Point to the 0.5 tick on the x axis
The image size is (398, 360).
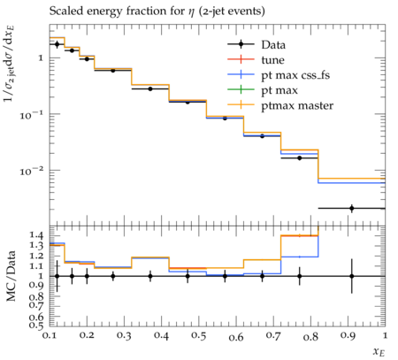click(x=198, y=336)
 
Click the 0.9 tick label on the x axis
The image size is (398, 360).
click(x=348, y=336)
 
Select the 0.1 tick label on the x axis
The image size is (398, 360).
click(x=50, y=335)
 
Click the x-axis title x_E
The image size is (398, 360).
click(x=379, y=351)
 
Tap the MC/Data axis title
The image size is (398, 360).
click(x=11, y=276)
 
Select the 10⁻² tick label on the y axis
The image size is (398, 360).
click(x=32, y=171)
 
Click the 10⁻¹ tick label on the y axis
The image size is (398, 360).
click(x=32, y=114)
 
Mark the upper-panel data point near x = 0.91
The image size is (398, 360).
click(x=352, y=208)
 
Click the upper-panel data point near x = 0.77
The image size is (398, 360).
click(x=300, y=158)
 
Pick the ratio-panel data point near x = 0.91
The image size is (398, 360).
click(x=352, y=276)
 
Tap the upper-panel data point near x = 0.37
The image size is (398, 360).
click(x=150, y=88)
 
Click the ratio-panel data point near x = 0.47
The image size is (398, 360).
click(x=188, y=276)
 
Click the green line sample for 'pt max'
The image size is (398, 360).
click(x=241, y=90)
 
